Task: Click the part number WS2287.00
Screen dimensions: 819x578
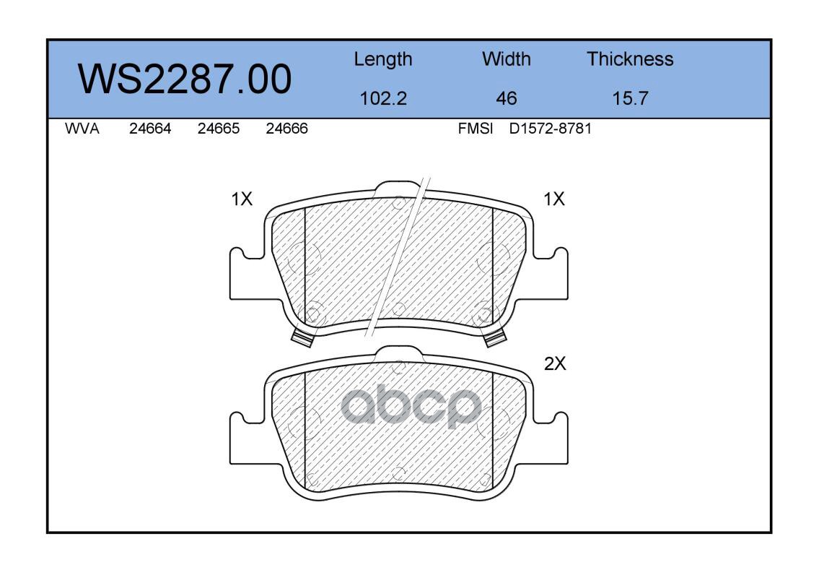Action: [185, 79]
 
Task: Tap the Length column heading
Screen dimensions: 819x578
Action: [383, 60]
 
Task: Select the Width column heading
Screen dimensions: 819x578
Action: [506, 59]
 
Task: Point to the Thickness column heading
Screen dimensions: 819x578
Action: [630, 59]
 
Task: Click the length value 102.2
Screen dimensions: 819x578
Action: [383, 98]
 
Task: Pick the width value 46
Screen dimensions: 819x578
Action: [506, 98]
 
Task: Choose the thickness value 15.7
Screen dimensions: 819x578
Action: [630, 98]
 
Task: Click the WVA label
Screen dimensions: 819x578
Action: [82, 129]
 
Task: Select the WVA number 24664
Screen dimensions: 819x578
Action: [150, 129]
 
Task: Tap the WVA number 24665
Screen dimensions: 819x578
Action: [219, 129]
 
